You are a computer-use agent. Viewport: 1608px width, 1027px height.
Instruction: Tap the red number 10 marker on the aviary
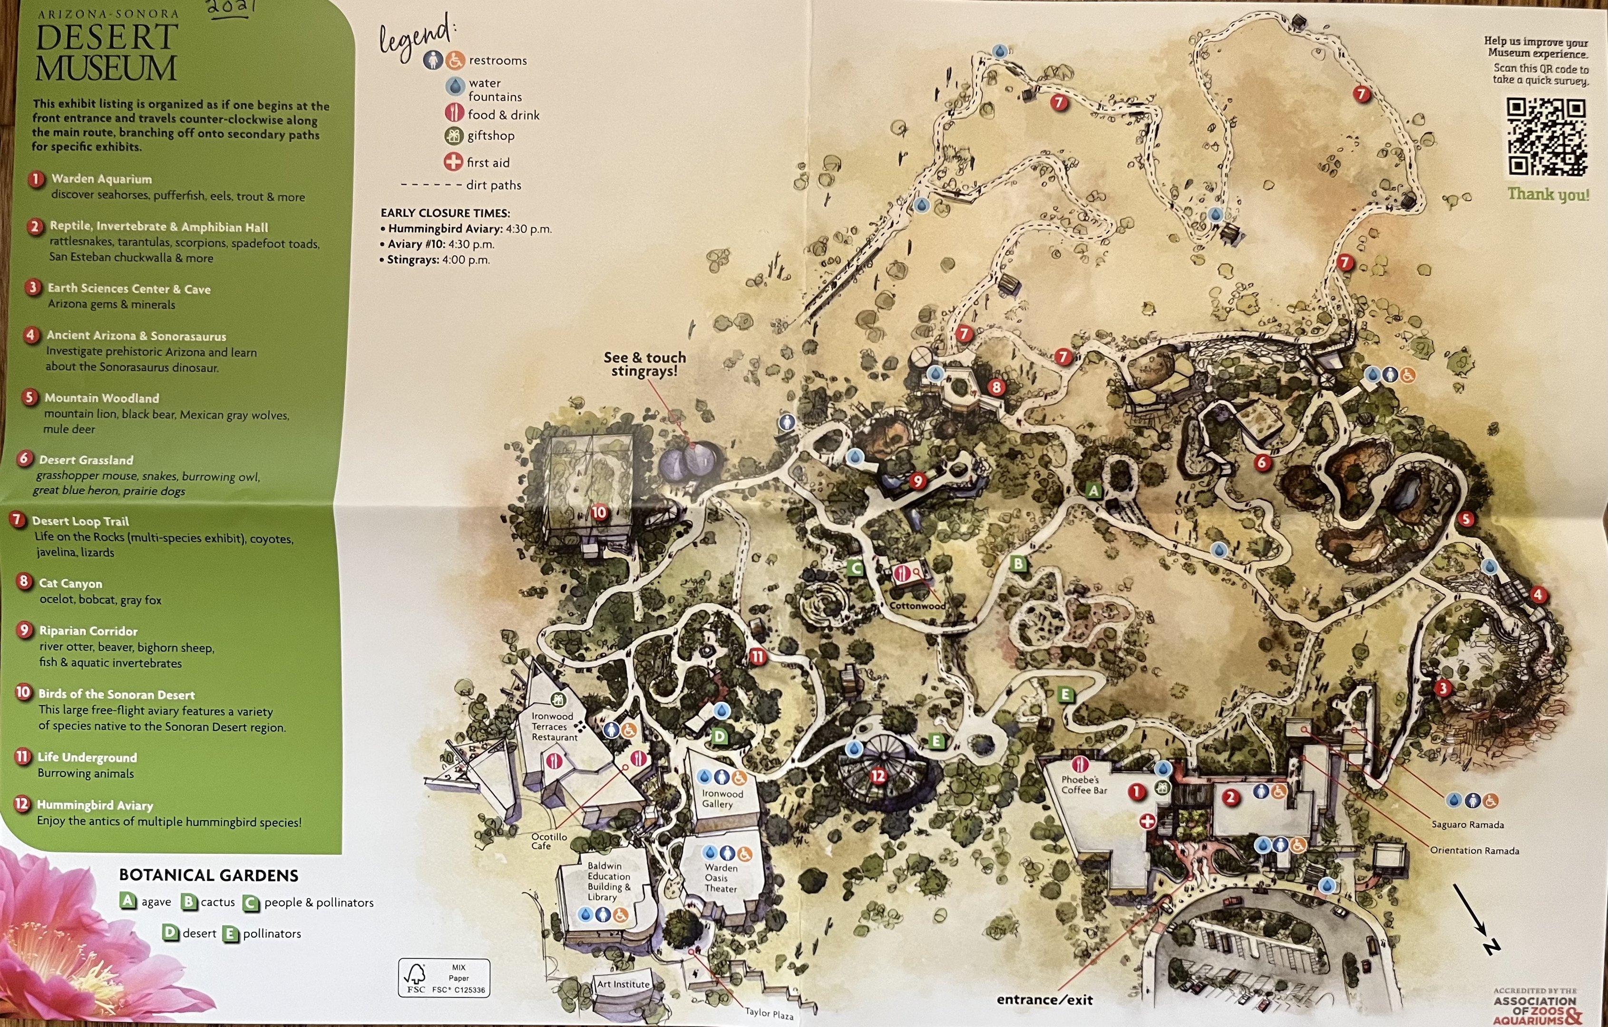click(x=599, y=512)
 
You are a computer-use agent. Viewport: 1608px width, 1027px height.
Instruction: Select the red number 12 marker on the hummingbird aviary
click(x=877, y=775)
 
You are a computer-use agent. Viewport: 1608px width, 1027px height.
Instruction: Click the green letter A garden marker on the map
click(x=1093, y=491)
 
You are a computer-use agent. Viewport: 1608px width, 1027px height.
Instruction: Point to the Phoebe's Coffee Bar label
click(x=1084, y=785)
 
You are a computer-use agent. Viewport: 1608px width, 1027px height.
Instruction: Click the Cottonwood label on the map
click(x=917, y=606)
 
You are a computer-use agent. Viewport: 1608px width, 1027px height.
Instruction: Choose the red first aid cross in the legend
click(x=453, y=162)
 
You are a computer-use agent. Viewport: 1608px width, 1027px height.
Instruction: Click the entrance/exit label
click(x=1044, y=999)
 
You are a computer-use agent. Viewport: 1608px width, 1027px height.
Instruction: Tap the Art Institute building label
click(x=623, y=984)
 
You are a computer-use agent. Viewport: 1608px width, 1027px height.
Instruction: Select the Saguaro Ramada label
click(x=1467, y=824)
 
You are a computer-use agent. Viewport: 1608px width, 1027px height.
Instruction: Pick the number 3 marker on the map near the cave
click(x=1442, y=688)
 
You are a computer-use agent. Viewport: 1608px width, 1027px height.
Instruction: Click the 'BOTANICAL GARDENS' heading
click(x=208, y=875)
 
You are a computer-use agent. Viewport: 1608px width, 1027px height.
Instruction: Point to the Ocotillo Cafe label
click(x=549, y=841)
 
